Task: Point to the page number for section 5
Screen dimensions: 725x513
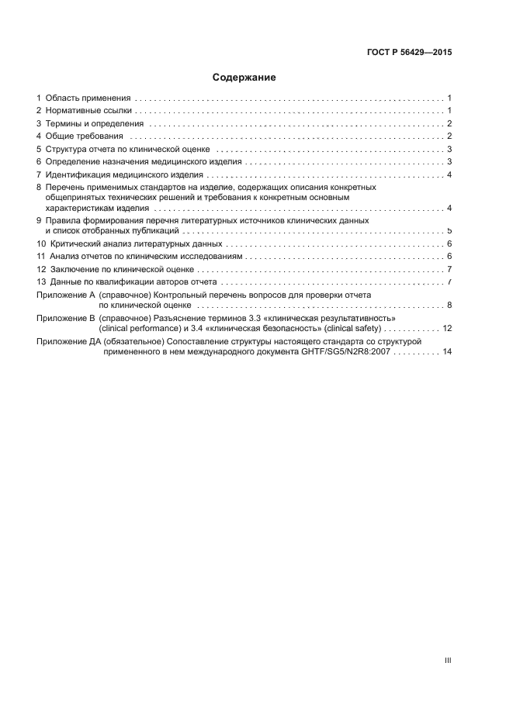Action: [449, 149]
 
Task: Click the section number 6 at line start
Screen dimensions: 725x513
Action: [39, 162]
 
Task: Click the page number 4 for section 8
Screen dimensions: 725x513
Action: [449, 209]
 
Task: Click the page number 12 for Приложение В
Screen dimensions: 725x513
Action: [447, 329]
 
